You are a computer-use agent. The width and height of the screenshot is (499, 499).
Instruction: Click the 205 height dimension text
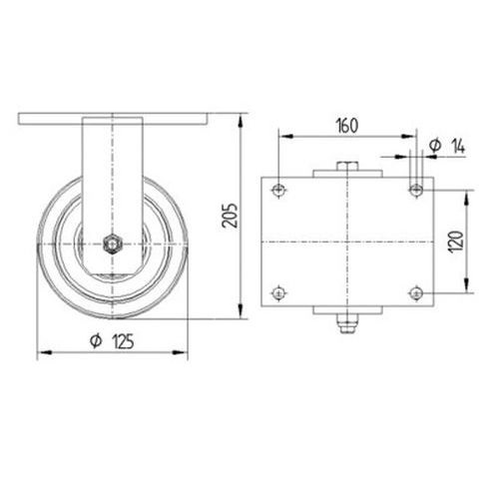pyautogui.click(x=230, y=216)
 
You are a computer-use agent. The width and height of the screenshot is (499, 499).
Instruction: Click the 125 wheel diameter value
pyautogui.click(x=123, y=341)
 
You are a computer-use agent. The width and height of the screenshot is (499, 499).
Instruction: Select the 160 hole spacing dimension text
pyautogui.click(x=347, y=126)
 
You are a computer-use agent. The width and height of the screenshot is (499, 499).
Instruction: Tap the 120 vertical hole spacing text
pyautogui.click(x=456, y=242)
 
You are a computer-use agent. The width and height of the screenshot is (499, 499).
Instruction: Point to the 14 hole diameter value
pyautogui.click(x=458, y=146)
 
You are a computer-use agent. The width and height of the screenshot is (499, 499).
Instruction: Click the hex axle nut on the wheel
pyautogui.click(x=112, y=245)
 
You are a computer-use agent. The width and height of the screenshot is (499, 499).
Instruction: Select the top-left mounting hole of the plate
pyautogui.click(x=278, y=191)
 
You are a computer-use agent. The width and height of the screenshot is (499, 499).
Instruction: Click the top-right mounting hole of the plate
pyautogui.click(x=416, y=191)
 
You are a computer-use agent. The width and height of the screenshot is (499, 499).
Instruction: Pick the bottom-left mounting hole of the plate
pyautogui.click(x=278, y=293)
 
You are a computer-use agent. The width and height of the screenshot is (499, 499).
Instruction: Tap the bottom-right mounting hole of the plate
pyautogui.click(x=416, y=293)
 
